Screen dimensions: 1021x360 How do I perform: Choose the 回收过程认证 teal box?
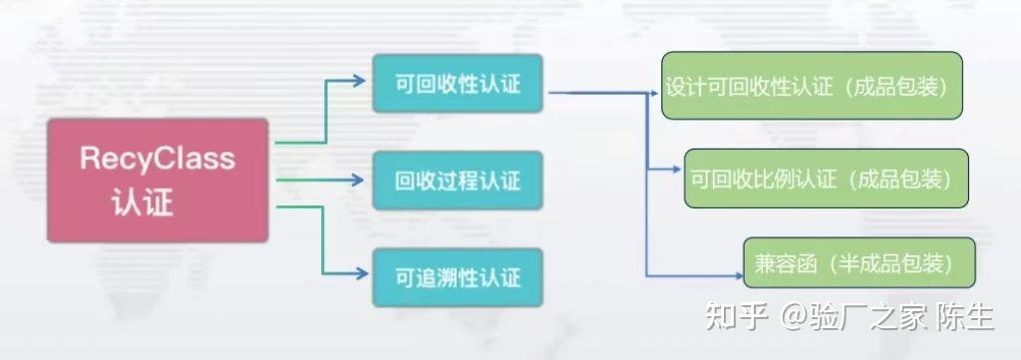coord(459,181)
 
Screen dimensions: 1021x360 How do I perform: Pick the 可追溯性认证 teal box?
coord(459,276)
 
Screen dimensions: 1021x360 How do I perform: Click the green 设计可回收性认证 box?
coord(813,86)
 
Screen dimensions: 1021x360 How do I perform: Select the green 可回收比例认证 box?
coord(826,178)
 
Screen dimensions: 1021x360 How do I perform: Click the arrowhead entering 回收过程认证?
coord(360,180)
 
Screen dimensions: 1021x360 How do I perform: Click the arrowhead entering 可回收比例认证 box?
coord(677,174)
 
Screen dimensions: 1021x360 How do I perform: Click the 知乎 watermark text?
coord(737,317)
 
